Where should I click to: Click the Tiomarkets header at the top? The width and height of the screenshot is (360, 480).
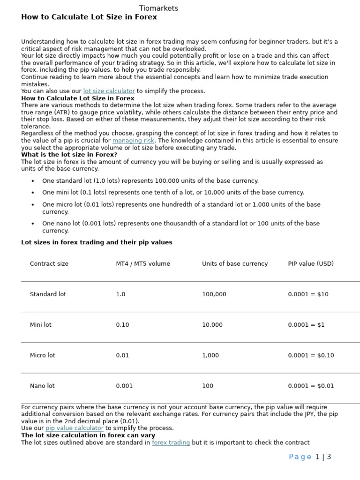tap(158, 8)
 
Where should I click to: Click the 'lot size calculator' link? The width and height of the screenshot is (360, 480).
tap(109, 91)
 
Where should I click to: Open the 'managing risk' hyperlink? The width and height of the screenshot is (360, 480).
tap(133, 141)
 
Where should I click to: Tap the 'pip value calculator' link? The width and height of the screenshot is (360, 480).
tap(74, 428)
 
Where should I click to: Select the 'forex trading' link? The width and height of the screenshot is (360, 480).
tap(171, 442)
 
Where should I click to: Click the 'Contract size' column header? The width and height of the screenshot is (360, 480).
tap(49, 264)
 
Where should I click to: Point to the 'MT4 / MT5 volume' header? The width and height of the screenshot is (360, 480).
tap(143, 264)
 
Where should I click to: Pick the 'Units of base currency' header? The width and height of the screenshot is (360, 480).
tap(235, 264)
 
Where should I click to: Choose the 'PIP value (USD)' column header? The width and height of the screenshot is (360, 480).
tap(311, 264)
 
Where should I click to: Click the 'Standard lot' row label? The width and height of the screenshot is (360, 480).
tap(48, 294)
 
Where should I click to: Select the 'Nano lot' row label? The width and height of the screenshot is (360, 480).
tap(42, 386)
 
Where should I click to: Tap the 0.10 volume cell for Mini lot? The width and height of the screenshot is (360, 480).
tap(122, 325)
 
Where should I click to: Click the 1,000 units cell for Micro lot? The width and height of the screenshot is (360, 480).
tap(210, 355)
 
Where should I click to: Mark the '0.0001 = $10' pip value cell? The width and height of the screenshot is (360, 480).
tap(308, 294)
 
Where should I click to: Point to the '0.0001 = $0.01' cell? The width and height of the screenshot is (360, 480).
tap(311, 386)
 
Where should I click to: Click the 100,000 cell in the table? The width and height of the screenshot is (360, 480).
tap(214, 294)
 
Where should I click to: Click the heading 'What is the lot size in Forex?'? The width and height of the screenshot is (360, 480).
tap(69, 155)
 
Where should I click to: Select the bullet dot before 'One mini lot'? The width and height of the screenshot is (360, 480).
tap(33, 193)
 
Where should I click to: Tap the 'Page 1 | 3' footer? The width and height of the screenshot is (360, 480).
tap(310, 457)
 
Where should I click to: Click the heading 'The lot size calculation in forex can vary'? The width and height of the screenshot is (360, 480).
tap(88, 435)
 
